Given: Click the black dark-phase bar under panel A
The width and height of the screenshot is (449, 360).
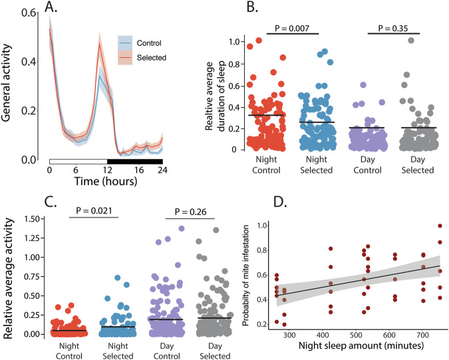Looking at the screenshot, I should pyautogui.click(x=135, y=161).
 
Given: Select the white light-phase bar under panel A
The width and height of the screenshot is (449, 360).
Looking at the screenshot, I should pyautogui.click(x=78, y=161).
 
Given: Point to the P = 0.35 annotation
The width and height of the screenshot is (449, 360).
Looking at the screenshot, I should pyautogui.click(x=392, y=29).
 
